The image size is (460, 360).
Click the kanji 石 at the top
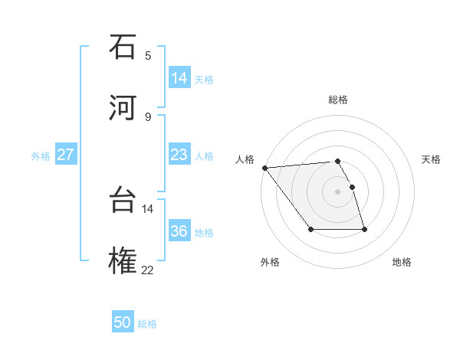tap(123, 48)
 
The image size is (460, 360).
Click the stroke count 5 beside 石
tap(148, 55)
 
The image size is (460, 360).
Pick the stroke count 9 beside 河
tap(148, 116)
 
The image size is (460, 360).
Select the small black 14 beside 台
tap(148, 208)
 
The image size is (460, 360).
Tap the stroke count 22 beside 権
tap(148, 270)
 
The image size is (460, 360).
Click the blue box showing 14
tap(179, 78)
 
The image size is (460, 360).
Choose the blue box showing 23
tap(179, 155)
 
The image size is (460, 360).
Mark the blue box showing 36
tap(179, 231)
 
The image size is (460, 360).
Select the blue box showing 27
tap(66, 155)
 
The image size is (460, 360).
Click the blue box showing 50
tap(123, 323)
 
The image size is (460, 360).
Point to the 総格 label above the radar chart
tap(338, 100)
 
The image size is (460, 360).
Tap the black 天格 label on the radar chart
tap(431, 159)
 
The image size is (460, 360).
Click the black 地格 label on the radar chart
tap(402, 262)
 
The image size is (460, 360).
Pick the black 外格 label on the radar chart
tap(270, 262)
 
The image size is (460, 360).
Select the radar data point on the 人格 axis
tap(264, 168)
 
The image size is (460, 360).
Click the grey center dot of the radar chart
tap(338, 191)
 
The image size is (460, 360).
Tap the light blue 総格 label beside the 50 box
tap(147, 324)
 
